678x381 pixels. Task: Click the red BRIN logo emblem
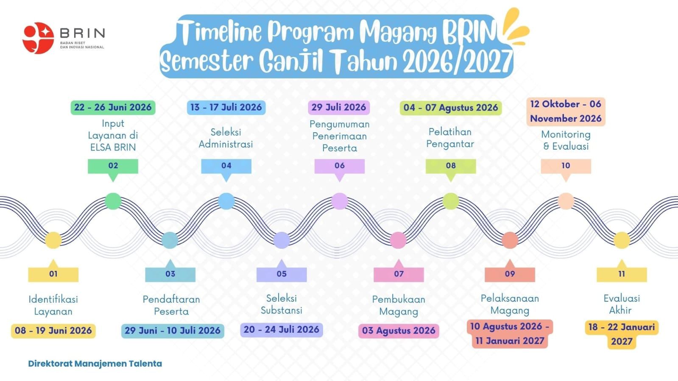tap(38, 38)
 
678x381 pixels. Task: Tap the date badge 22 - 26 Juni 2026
tap(113, 107)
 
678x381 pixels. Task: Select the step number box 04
tap(226, 166)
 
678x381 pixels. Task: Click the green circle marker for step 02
tap(113, 201)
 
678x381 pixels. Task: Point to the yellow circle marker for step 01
tap(53, 240)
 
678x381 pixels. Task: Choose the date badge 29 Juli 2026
tap(339, 107)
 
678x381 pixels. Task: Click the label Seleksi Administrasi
tap(226, 138)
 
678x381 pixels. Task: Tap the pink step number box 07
tap(399, 275)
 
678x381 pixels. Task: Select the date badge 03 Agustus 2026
tap(399, 331)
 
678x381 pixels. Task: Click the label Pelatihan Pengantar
tap(450, 138)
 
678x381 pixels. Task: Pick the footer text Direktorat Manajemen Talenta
tap(95, 364)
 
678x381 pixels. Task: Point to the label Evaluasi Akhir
tap(622, 304)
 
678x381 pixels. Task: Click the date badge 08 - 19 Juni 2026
tap(53, 331)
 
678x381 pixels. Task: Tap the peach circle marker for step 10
tap(566, 201)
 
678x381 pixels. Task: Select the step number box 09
tap(510, 275)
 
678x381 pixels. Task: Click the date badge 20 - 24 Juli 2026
tap(282, 330)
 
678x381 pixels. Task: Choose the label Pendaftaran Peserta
tap(171, 305)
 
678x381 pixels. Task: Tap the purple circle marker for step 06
tap(339, 201)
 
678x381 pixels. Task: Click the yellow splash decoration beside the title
tap(515, 27)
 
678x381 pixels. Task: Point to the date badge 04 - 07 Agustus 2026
tap(451, 108)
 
